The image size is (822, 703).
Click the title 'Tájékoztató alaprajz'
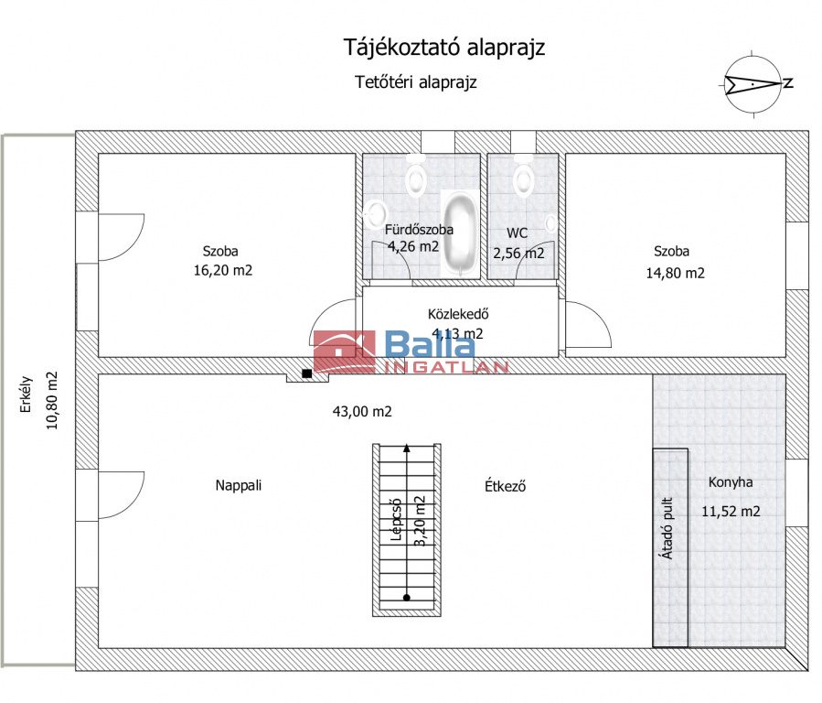tap(444, 48)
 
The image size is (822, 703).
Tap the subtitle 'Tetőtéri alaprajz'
tap(416, 82)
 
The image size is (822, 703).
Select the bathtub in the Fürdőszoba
tap(461, 234)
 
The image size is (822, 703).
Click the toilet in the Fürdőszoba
tap(417, 175)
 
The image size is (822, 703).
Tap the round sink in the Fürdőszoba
tap(377, 214)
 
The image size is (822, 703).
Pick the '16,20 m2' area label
tap(223, 270)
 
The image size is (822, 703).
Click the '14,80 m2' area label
tap(675, 273)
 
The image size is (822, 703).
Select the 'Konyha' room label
tap(731, 482)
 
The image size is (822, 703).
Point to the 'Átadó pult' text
tap(667, 528)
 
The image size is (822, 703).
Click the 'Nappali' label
tap(238, 485)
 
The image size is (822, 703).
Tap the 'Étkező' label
tap(505, 486)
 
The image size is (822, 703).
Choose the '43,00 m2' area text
tap(362, 411)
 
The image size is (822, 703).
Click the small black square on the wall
tap(307, 373)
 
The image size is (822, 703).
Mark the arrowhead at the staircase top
tap(406, 448)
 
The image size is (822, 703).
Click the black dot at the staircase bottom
tap(406, 597)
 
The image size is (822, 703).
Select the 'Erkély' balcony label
tap(27, 394)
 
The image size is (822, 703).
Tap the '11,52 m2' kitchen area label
tap(731, 511)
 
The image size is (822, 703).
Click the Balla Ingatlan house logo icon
tap(345, 351)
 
